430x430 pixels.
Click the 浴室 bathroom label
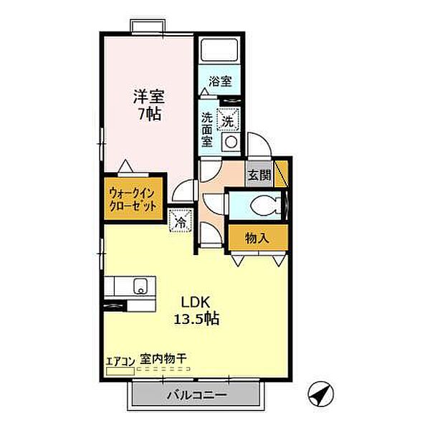tap(220, 82)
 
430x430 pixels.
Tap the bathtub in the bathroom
tap(220, 51)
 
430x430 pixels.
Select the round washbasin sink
tap(231, 141)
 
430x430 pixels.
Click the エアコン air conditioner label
tap(118, 360)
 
